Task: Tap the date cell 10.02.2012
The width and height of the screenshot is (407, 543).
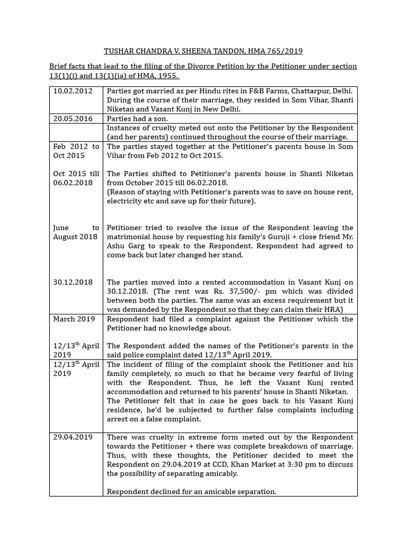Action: click(73, 91)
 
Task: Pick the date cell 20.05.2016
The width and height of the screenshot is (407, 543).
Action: click(73, 119)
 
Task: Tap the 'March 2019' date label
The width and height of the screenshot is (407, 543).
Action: click(74, 319)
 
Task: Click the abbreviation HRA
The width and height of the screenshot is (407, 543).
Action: click(332, 310)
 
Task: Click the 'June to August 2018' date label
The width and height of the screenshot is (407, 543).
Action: click(76, 232)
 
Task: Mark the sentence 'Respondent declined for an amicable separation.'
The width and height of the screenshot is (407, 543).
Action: click(191, 492)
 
